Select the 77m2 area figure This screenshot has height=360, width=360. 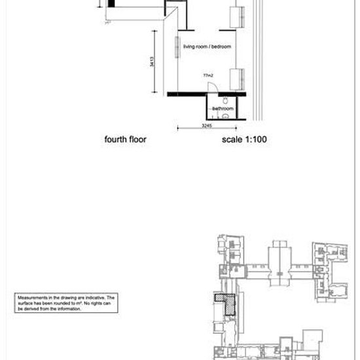click(x=208, y=76)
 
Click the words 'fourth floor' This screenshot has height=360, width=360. click(x=125, y=140)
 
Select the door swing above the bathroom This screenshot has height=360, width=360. click(x=210, y=86)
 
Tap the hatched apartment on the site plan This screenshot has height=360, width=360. click(x=226, y=306)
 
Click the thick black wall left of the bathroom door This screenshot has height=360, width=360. click(x=187, y=94)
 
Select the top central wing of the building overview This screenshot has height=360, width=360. click(x=280, y=252)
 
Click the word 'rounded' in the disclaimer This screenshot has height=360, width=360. click(x=60, y=303)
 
